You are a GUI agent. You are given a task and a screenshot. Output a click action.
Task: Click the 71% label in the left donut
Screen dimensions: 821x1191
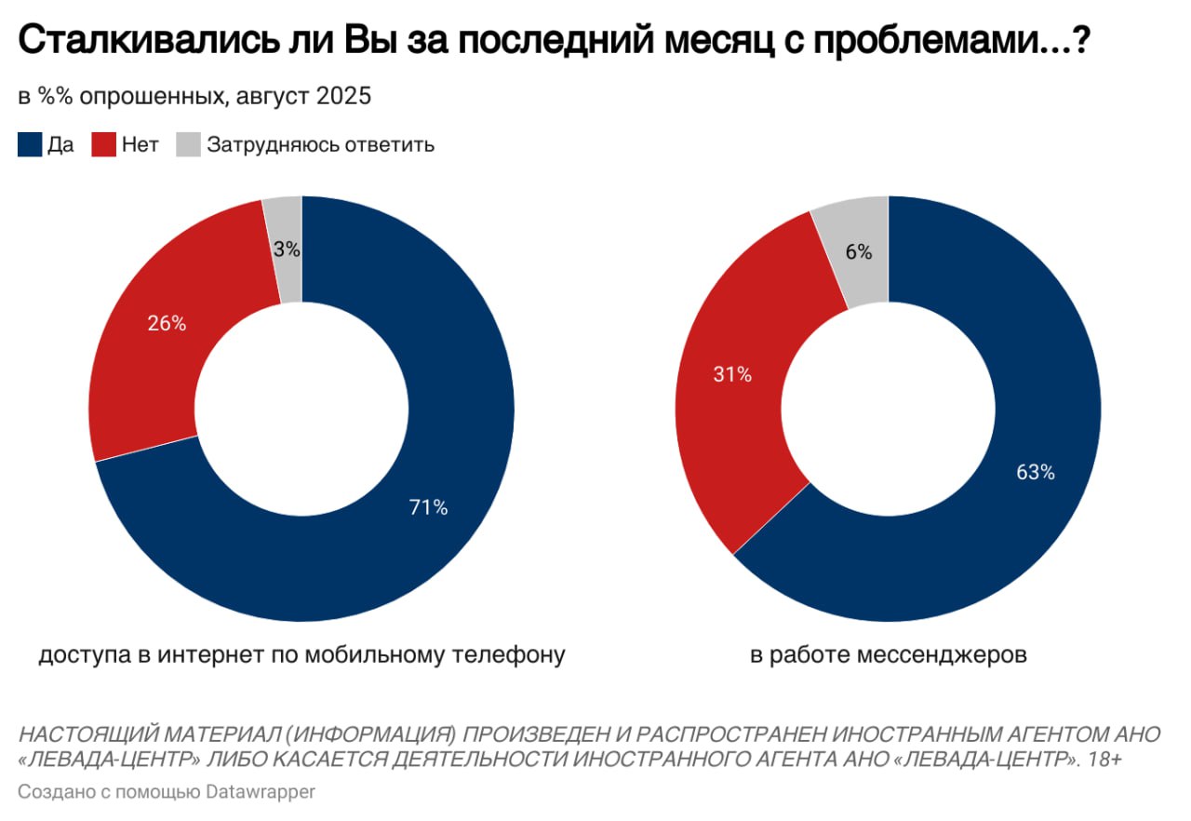429,507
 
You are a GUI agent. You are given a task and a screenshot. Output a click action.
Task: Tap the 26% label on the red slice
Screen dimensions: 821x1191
167,324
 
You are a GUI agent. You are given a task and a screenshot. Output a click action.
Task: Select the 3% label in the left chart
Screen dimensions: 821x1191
287,249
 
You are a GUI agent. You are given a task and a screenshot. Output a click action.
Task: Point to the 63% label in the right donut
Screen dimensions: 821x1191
1036,472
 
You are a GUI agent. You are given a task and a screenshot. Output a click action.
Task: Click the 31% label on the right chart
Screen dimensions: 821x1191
732,375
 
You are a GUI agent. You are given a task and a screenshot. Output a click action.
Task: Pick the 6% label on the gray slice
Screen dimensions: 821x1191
859,251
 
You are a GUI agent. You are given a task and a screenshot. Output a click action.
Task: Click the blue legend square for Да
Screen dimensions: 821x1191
29,145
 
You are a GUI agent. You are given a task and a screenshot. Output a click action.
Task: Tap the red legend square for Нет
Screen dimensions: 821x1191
103,145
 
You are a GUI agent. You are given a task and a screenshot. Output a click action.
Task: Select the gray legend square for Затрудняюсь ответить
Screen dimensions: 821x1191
189,145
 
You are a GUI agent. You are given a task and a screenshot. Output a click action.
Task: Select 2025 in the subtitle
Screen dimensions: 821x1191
344,96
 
